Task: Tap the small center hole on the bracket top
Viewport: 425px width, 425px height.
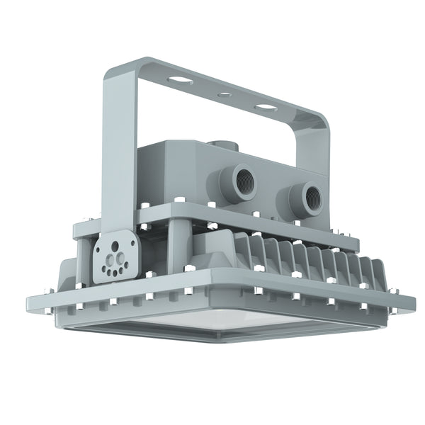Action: pos(225,92)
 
